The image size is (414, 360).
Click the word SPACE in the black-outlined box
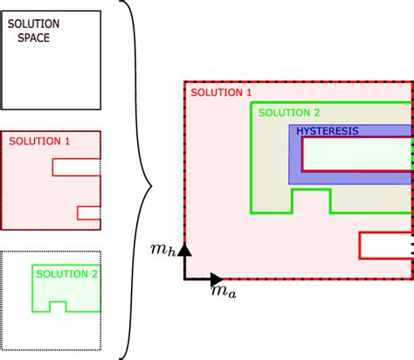[33, 38]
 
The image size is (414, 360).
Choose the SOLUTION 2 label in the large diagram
[292, 114]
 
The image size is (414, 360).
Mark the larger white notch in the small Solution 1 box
[77, 167]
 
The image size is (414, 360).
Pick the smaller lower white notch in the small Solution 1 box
[89, 212]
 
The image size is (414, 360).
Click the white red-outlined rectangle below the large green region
[384, 246]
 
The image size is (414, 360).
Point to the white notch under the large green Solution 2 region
[310, 201]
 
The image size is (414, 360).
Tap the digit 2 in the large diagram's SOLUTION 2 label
[317, 114]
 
